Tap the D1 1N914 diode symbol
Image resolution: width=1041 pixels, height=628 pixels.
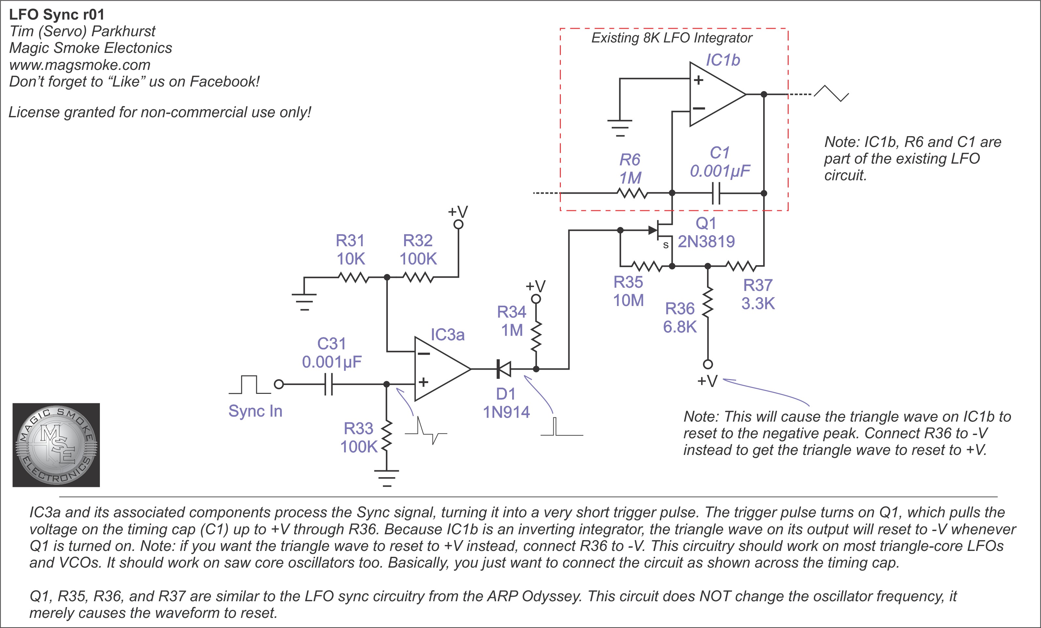504,369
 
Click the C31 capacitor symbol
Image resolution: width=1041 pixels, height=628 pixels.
329,384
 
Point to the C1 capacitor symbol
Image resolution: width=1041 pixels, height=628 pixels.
716,193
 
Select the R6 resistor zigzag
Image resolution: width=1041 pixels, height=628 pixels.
632,193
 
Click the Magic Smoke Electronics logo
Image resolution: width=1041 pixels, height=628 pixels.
56,444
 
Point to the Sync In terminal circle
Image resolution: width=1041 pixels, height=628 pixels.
278,384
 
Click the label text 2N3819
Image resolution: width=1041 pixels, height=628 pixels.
706,242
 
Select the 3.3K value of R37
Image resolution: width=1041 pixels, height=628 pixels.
758,303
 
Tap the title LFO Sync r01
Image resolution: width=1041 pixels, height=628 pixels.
56,15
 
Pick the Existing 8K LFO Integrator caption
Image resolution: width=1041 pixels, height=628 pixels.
671,38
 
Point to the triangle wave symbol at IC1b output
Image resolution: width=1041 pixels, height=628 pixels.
831,93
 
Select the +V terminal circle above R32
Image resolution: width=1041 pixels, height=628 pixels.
458,224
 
